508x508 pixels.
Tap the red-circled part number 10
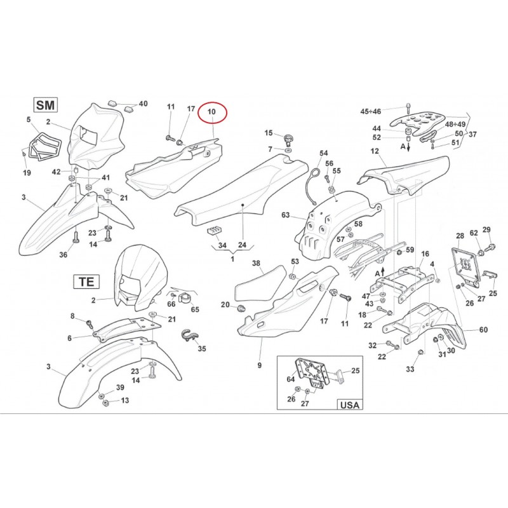(x=212, y=112)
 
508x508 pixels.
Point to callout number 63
(x=286, y=215)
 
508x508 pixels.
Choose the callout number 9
(x=259, y=365)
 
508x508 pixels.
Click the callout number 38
(x=257, y=263)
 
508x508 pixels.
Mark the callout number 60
(x=484, y=330)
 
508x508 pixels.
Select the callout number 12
(x=375, y=151)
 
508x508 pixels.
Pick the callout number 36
(x=63, y=255)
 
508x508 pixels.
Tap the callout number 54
(x=324, y=153)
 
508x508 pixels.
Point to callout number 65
(x=195, y=309)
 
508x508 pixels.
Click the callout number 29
(x=487, y=229)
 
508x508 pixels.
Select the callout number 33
(x=410, y=369)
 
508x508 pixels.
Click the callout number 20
(x=225, y=305)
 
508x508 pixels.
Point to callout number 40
(x=143, y=104)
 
